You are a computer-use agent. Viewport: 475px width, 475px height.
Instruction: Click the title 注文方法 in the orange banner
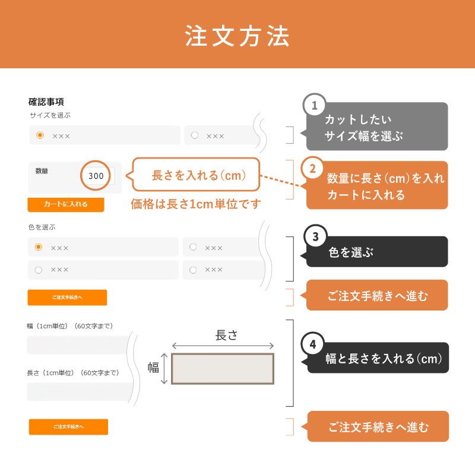click(237, 36)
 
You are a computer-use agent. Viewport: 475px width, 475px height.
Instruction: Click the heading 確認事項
click(46, 102)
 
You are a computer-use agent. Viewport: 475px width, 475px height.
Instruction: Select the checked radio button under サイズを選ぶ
click(40, 135)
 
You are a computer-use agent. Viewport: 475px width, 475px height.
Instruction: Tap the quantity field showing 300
click(96, 176)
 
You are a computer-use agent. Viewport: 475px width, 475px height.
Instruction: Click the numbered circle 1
click(315, 105)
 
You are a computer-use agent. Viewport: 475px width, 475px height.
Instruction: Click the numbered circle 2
click(312, 169)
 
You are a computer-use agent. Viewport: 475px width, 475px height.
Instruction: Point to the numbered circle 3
click(315, 236)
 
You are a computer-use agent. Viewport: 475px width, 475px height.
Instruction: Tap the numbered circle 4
click(313, 344)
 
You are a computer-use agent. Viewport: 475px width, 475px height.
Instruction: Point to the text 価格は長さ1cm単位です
click(196, 204)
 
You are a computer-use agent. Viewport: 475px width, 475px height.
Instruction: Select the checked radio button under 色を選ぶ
click(39, 247)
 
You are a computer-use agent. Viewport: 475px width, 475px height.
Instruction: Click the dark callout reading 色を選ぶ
click(375, 251)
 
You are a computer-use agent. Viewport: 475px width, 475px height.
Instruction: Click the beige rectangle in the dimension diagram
click(223, 369)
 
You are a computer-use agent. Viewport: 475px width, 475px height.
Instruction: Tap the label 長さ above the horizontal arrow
click(226, 335)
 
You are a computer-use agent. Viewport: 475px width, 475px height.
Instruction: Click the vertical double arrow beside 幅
click(164, 369)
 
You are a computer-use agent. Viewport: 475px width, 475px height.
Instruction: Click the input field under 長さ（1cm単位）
click(80, 392)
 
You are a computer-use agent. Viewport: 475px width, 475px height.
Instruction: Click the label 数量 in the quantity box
click(42, 171)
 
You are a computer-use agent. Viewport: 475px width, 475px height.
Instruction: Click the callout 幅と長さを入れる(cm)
click(376, 358)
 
